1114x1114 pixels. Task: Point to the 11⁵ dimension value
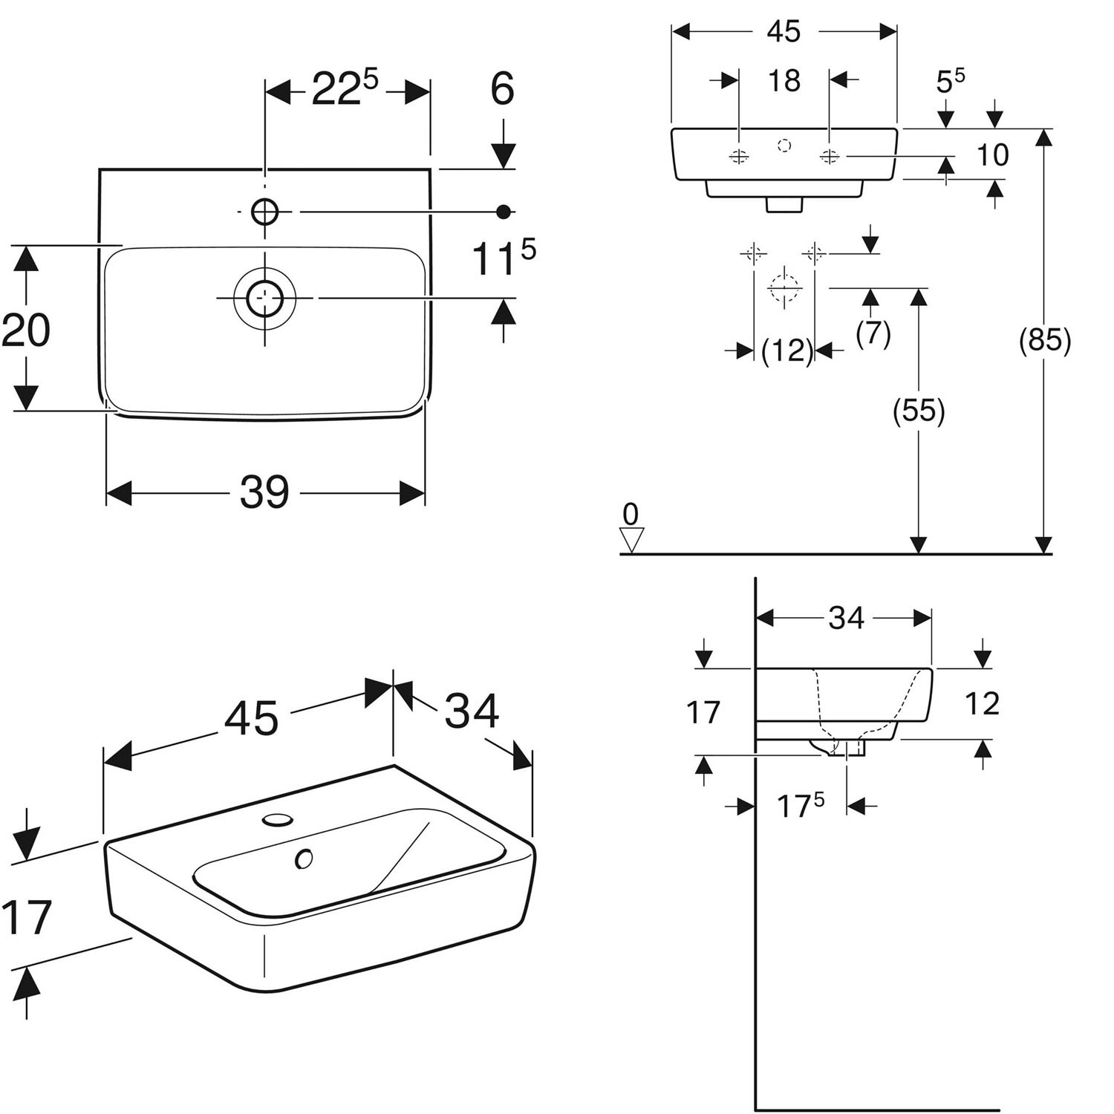pyautogui.click(x=504, y=258)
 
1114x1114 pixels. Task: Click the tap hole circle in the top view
pyautogui.click(x=264, y=212)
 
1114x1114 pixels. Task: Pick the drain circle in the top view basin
pyautogui.click(x=264, y=298)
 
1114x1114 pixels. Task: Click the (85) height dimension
pyautogui.click(x=1045, y=340)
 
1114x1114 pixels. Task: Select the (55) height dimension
pyautogui.click(x=919, y=410)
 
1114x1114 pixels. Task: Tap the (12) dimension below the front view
pyautogui.click(x=788, y=350)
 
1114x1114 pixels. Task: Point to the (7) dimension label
pyautogui.click(x=873, y=333)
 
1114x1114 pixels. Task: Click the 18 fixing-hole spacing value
pyautogui.click(x=784, y=80)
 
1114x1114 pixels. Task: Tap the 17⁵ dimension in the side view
pyautogui.click(x=801, y=805)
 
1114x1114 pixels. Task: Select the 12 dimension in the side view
pyautogui.click(x=982, y=703)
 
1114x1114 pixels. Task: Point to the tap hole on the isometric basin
pyautogui.click(x=277, y=820)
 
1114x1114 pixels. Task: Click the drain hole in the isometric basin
pyautogui.click(x=303, y=859)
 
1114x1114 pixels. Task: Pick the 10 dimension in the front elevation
pyautogui.click(x=993, y=155)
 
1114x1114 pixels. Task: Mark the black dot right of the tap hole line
pyautogui.click(x=504, y=212)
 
